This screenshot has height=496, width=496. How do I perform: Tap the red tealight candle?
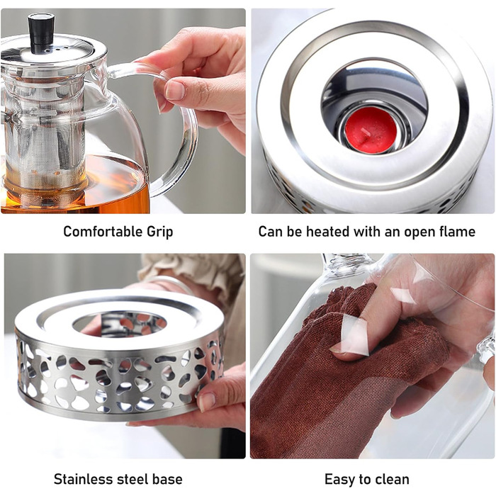(371, 130)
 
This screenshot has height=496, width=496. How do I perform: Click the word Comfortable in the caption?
(102, 231)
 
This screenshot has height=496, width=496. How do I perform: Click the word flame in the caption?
(458, 232)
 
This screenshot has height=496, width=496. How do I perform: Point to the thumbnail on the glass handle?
(174, 90)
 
